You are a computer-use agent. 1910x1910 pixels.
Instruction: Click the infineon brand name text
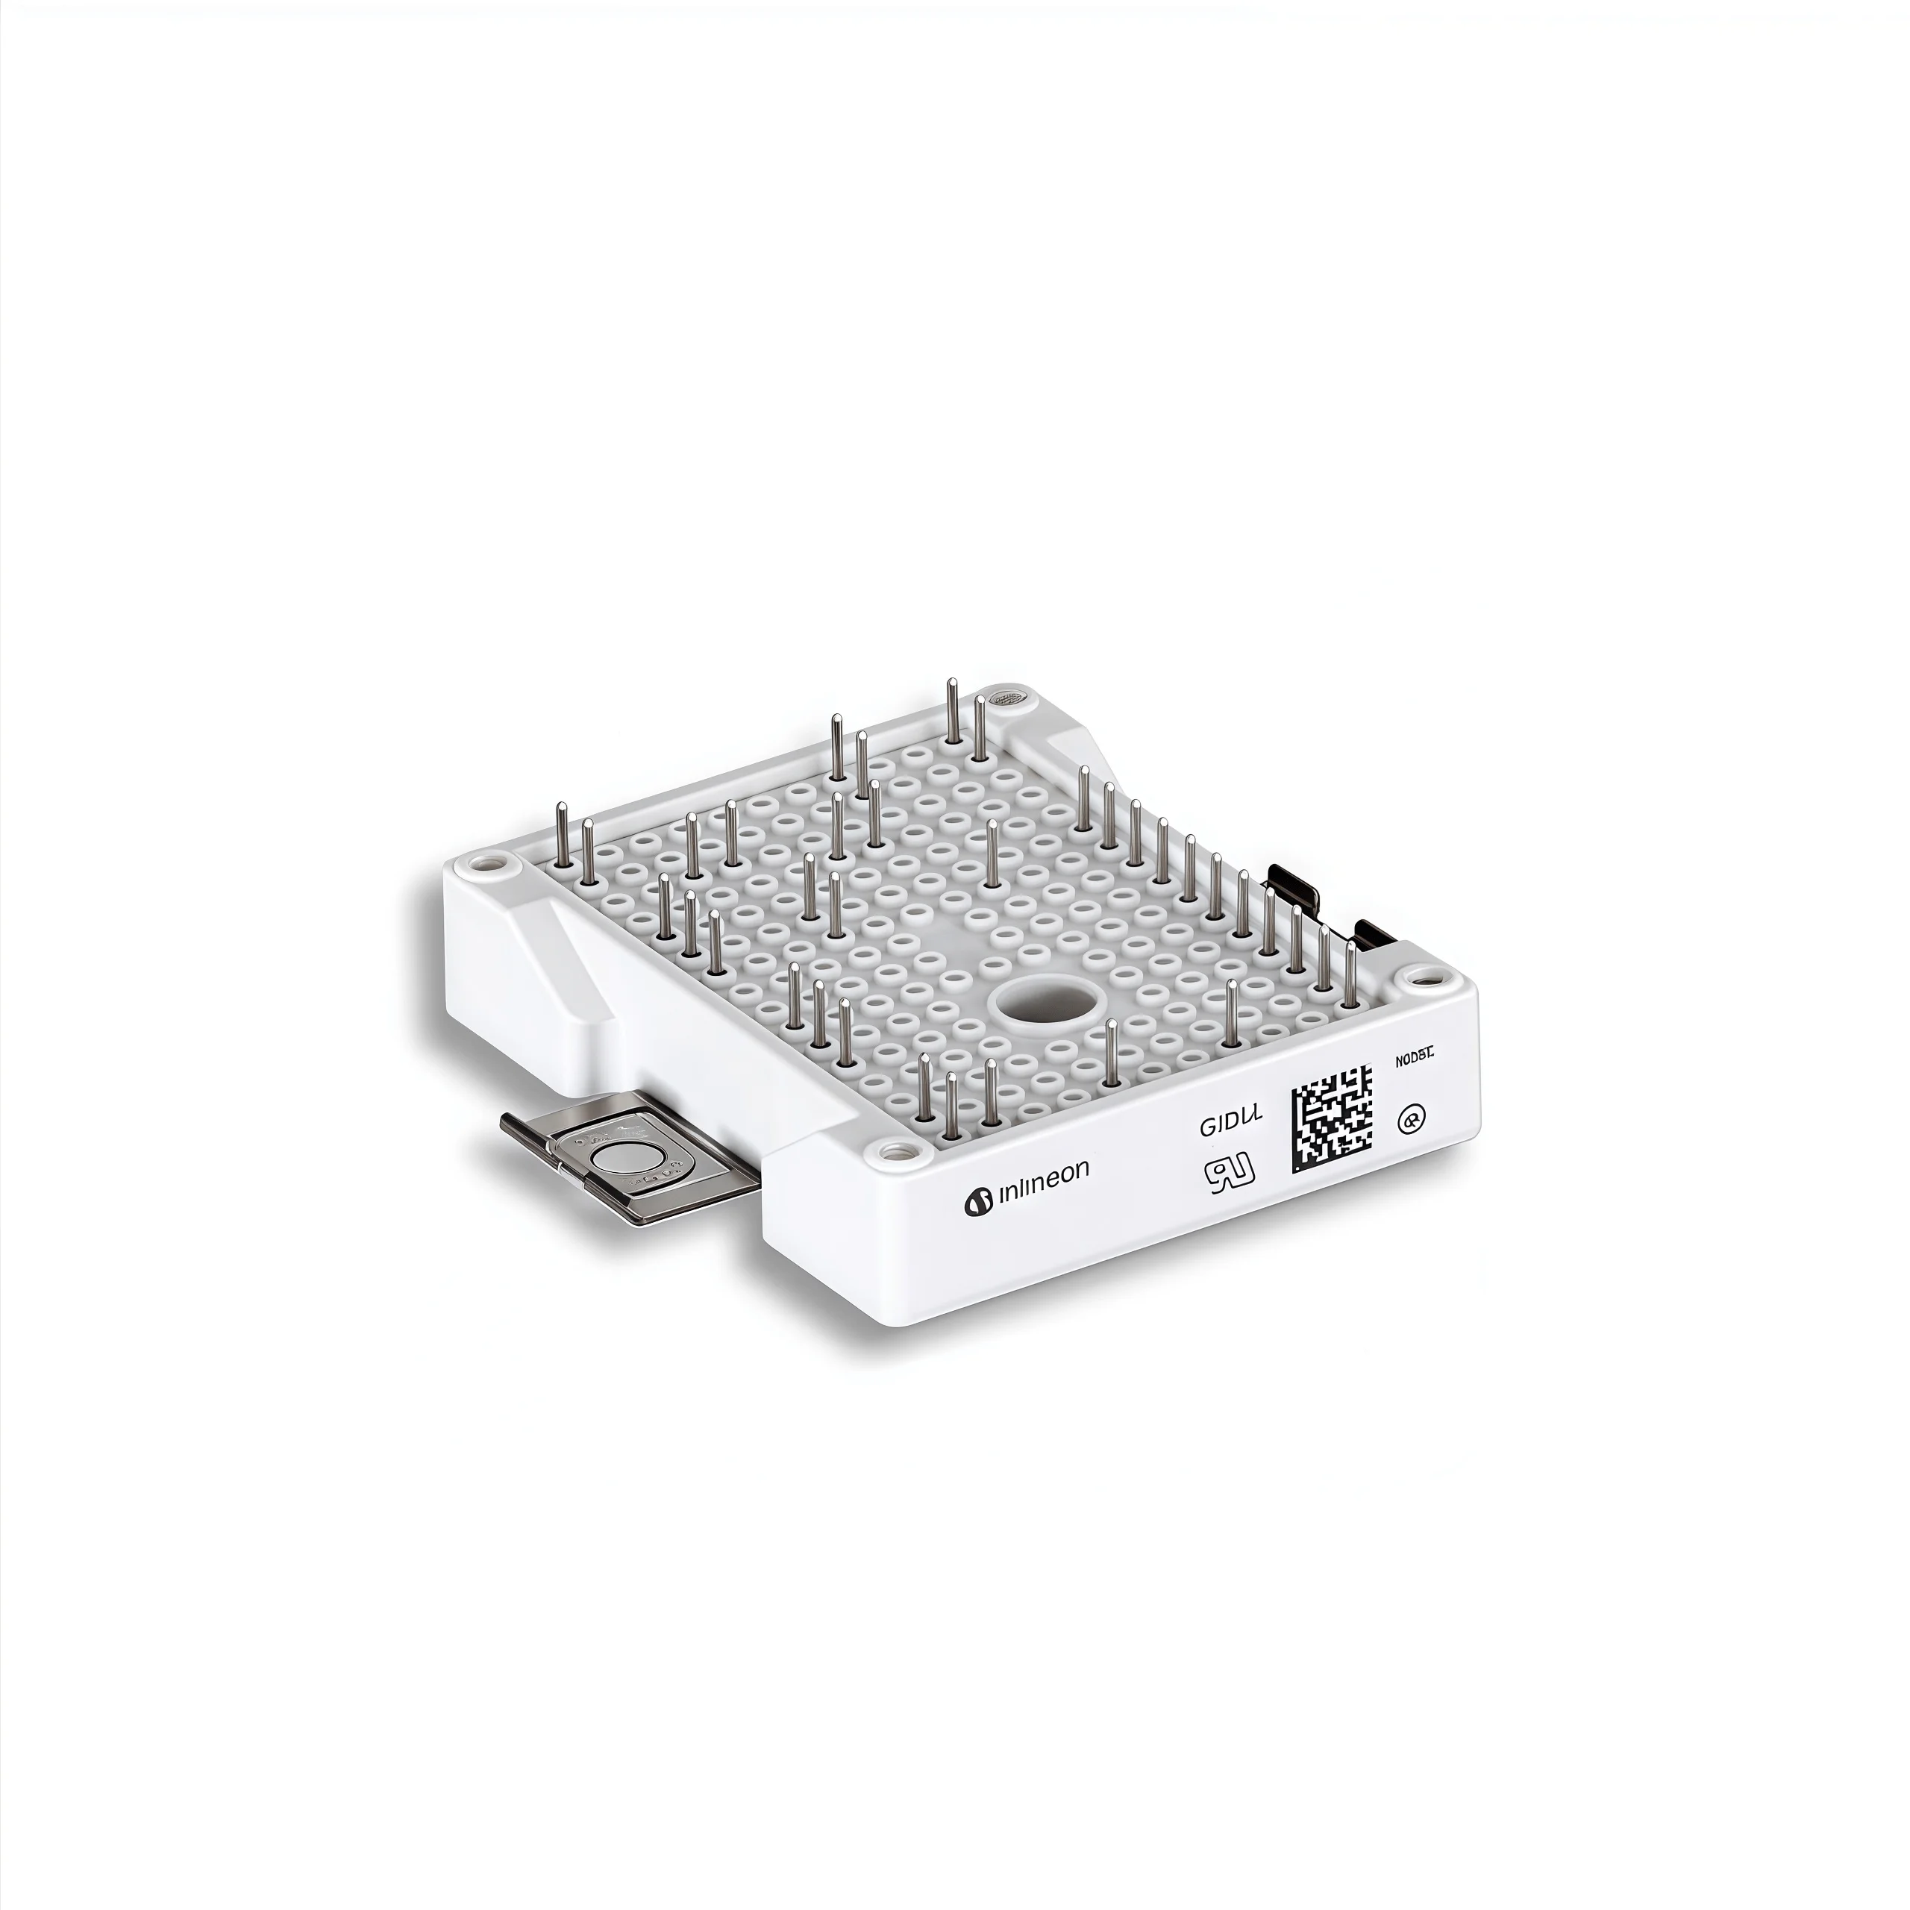[x=1044, y=1170]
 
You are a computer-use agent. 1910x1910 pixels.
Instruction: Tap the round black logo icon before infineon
[x=977, y=1202]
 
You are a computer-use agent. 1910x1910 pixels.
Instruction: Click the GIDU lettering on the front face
[x=1231, y=1125]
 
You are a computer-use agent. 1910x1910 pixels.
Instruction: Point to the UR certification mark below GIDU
[x=1230, y=1174]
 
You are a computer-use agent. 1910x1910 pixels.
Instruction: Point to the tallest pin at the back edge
[x=952, y=710]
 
